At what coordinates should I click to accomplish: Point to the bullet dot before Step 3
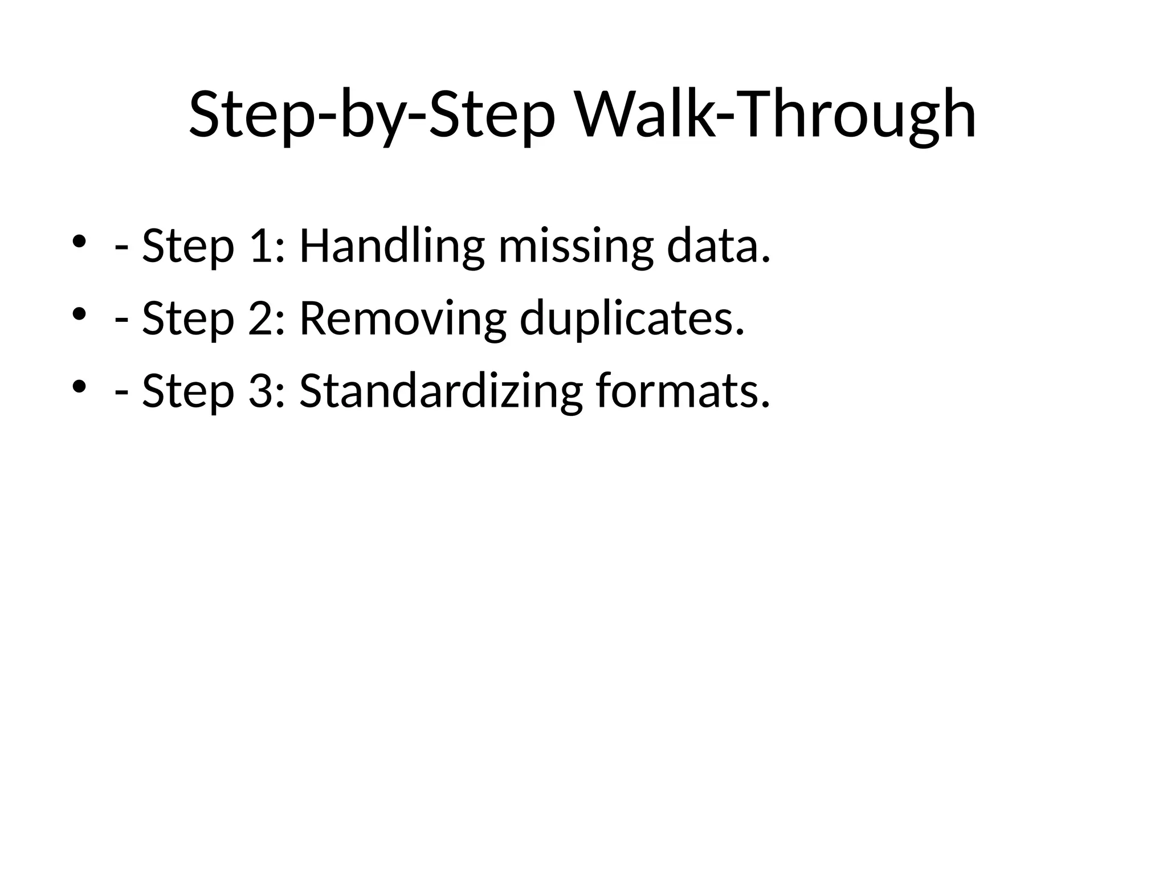pos(79,386)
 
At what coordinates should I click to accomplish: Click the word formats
pos(683,392)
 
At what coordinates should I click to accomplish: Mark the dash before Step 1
pos(121,249)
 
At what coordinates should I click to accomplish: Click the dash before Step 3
pos(121,395)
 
